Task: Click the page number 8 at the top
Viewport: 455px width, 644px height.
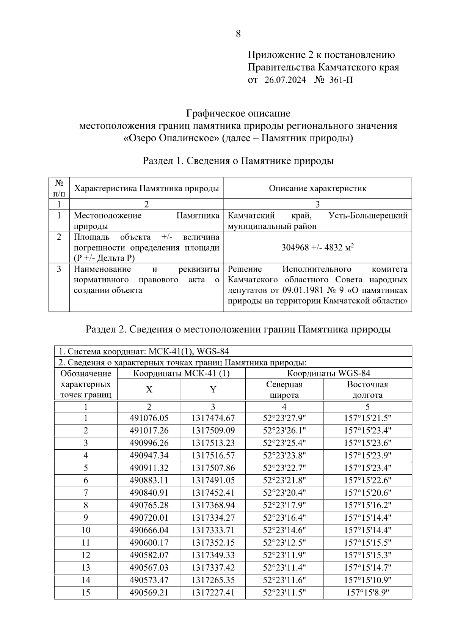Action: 238,34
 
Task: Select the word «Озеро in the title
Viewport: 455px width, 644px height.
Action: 140,138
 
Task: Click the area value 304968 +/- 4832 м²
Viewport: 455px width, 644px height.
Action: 317,247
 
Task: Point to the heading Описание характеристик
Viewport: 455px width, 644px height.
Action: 317,188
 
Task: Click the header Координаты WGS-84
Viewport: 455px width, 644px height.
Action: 328,373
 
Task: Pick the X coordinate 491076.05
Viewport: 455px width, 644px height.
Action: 149,418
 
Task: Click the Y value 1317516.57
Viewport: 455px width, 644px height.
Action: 213,455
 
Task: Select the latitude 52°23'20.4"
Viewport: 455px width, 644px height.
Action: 284,493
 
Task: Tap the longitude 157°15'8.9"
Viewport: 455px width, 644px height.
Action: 367,592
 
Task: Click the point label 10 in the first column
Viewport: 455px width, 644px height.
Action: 86,530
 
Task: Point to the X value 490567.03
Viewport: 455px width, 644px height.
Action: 149,567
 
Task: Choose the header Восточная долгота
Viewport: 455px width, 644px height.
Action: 367,389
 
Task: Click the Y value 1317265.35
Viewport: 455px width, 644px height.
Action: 213,580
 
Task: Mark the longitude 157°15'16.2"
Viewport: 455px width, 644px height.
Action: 367,505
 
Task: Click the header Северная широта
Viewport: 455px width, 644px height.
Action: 284,389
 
